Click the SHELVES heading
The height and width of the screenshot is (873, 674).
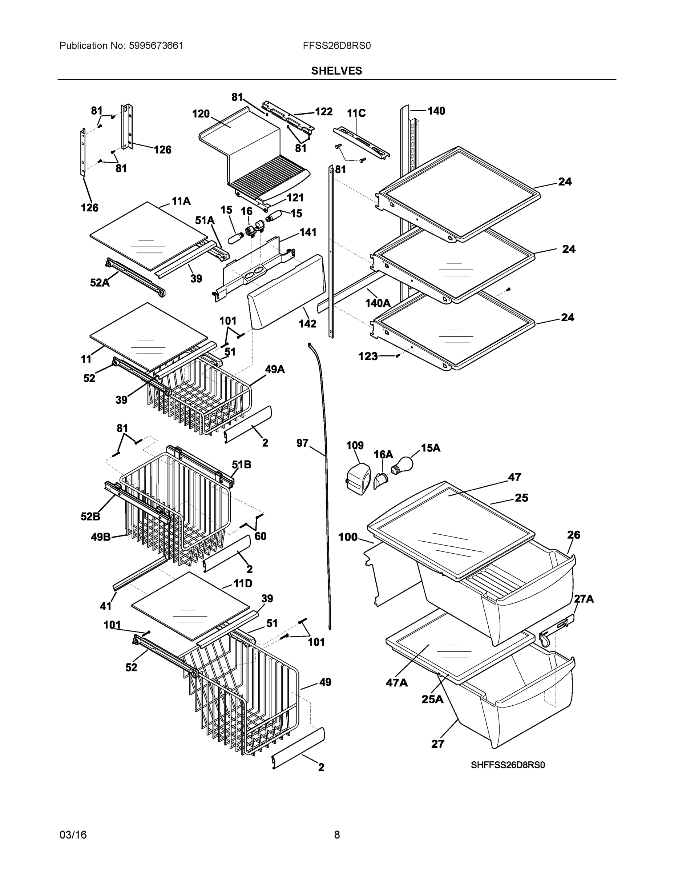pyautogui.click(x=336, y=71)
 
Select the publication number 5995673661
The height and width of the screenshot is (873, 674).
pyautogui.click(x=156, y=45)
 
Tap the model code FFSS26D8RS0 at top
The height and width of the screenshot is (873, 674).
pyautogui.click(x=336, y=45)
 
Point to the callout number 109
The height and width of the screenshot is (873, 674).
pyautogui.click(x=355, y=445)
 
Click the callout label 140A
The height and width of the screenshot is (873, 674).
pyautogui.click(x=378, y=303)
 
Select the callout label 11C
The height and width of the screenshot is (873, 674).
pyautogui.click(x=356, y=113)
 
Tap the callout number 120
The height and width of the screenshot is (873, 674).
pyautogui.click(x=201, y=114)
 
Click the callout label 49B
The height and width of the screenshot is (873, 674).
pyautogui.click(x=101, y=537)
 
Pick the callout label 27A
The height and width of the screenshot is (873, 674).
pyautogui.click(x=584, y=599)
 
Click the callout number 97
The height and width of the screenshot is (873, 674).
pyautogui.click(x=302, y=443)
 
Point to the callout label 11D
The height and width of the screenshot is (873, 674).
pyautogui.click(x=243, y=583)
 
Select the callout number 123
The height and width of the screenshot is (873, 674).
pyautogui.click(x=368, y=356)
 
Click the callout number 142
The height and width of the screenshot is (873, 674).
pyautogui.click(x=307, y=324)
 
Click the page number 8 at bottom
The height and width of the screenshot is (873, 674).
pyautogui.click(x=336, y=835)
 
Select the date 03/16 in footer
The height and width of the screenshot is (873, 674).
pyautogui.click(x=73, y=835)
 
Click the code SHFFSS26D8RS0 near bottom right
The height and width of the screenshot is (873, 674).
pyautogui.click(x=508, y=765)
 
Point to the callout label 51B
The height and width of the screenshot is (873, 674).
pyautogui.click(x=242, y=465)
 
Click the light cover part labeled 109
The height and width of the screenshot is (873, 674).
pyautogui.click(x=357, y=477)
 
